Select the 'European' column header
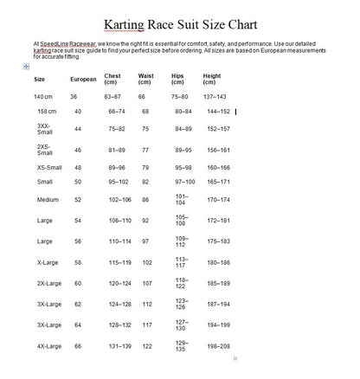(82, 79)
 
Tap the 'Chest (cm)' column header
(112, 78)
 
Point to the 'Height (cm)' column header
(212, 78)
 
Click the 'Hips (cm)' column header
(179, 78)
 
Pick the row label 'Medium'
(48, 199)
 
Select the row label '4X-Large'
(49, 345)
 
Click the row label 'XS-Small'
(49, 167)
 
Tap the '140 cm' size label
(45, 97)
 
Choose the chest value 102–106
(119, 199)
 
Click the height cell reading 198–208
(217, 345)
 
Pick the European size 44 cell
(77, 128)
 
